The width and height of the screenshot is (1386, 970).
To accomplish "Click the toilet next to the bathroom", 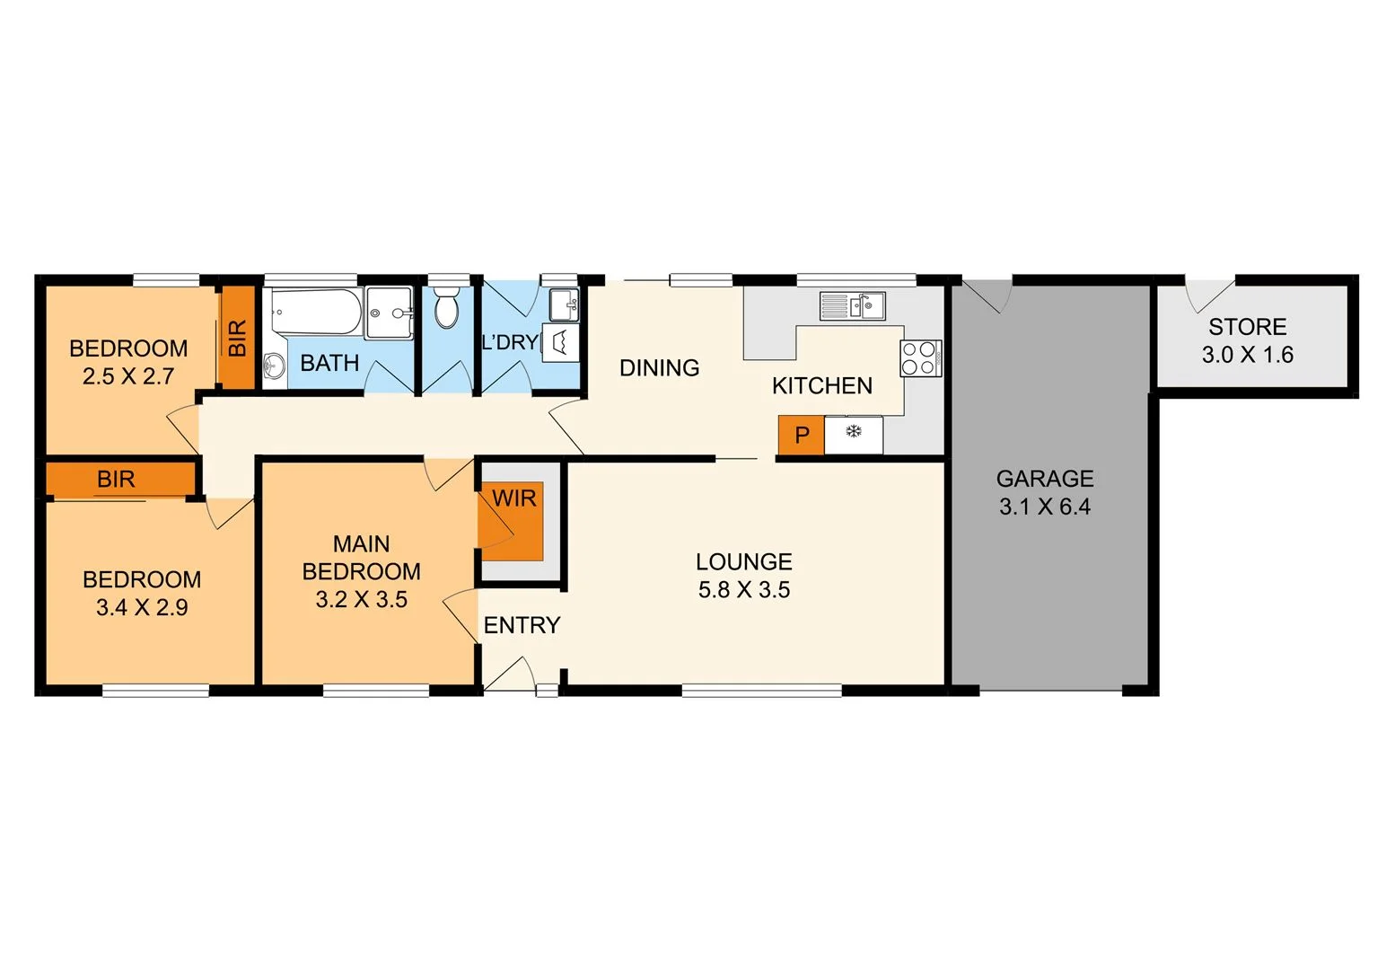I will coord(446,310).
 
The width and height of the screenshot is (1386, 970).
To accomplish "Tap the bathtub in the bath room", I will coord(317,312).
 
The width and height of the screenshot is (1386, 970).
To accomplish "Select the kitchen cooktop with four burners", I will coord(921,357).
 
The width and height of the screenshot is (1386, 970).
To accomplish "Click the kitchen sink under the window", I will coord(853,305).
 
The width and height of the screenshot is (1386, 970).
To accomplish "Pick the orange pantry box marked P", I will coord(801,436).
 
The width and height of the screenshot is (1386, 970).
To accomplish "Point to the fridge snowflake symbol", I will coord(854,432).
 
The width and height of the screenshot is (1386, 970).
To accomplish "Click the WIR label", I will coord(514,498).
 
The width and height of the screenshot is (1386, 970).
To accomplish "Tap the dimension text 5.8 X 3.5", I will coord(744,590).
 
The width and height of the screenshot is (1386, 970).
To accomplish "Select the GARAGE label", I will coord(1045,479).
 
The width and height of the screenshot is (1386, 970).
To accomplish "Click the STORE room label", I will coord(1247,327).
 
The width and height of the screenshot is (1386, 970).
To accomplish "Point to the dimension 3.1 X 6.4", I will coord(1045,507).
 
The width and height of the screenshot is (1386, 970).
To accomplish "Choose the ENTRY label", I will coord(522,625).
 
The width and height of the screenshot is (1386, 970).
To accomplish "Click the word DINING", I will coord(659,367).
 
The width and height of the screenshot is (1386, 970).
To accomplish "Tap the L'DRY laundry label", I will coord(510,342).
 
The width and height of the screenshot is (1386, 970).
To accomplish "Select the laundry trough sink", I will coord(564,305).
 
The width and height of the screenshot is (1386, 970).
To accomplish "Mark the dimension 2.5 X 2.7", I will coord(128,376).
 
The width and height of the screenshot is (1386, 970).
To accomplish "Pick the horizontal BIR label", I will coord(116,480).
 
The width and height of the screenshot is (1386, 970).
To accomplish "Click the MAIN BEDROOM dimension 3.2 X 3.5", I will coord(361,599).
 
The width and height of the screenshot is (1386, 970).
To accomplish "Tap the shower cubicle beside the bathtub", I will coord(389,313).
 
